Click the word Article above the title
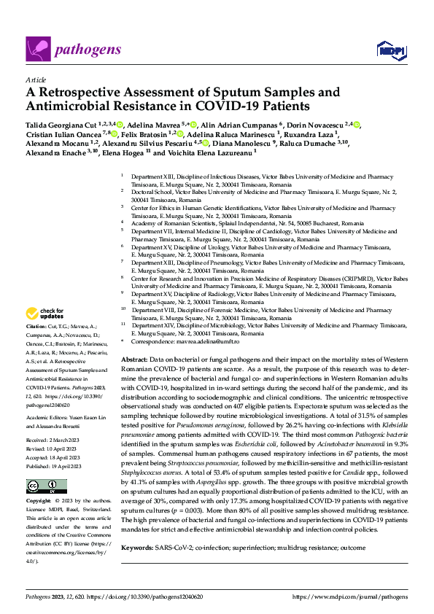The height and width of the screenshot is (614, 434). point(34,79)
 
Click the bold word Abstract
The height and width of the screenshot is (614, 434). point(133,360)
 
